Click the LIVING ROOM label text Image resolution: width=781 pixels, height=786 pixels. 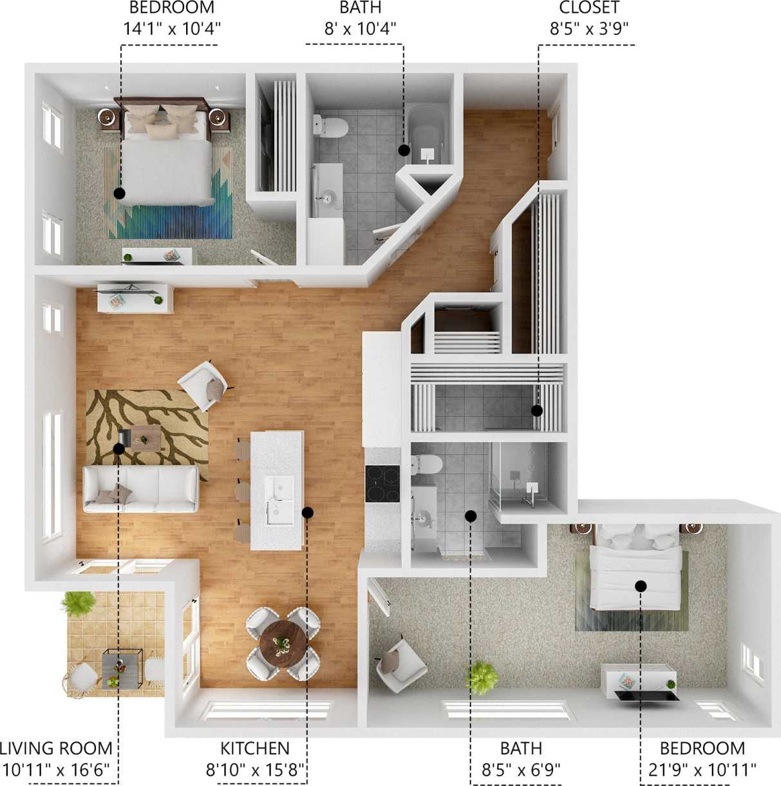pos(56,749)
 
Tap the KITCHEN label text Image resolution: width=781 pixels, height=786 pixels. pos(255,749)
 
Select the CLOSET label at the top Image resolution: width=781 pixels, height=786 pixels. pos(588,8)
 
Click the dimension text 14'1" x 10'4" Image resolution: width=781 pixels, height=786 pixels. pos(172,28)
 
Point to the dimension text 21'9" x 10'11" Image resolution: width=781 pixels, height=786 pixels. pos(702,769)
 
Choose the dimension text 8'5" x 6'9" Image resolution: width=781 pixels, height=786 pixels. pos(521,769)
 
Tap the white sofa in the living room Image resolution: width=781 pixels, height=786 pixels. pos(140,489)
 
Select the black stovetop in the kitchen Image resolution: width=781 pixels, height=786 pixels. pos(382,483)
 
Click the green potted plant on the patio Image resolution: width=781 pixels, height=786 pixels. pos(78,604)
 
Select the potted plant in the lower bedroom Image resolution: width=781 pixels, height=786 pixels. pos(482,677)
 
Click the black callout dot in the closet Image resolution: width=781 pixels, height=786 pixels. pos(537,410)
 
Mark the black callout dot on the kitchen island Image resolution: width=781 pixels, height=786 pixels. pos(307,513)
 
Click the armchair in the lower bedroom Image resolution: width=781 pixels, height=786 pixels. pos(400,664)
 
